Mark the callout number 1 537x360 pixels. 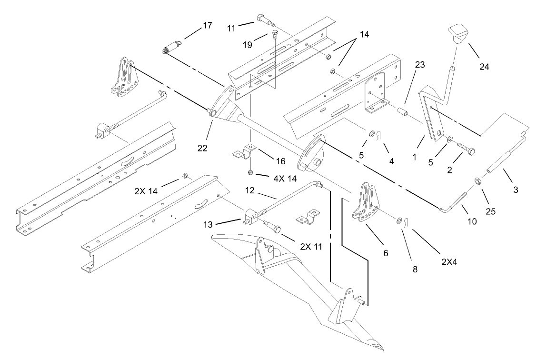coord(414,156)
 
